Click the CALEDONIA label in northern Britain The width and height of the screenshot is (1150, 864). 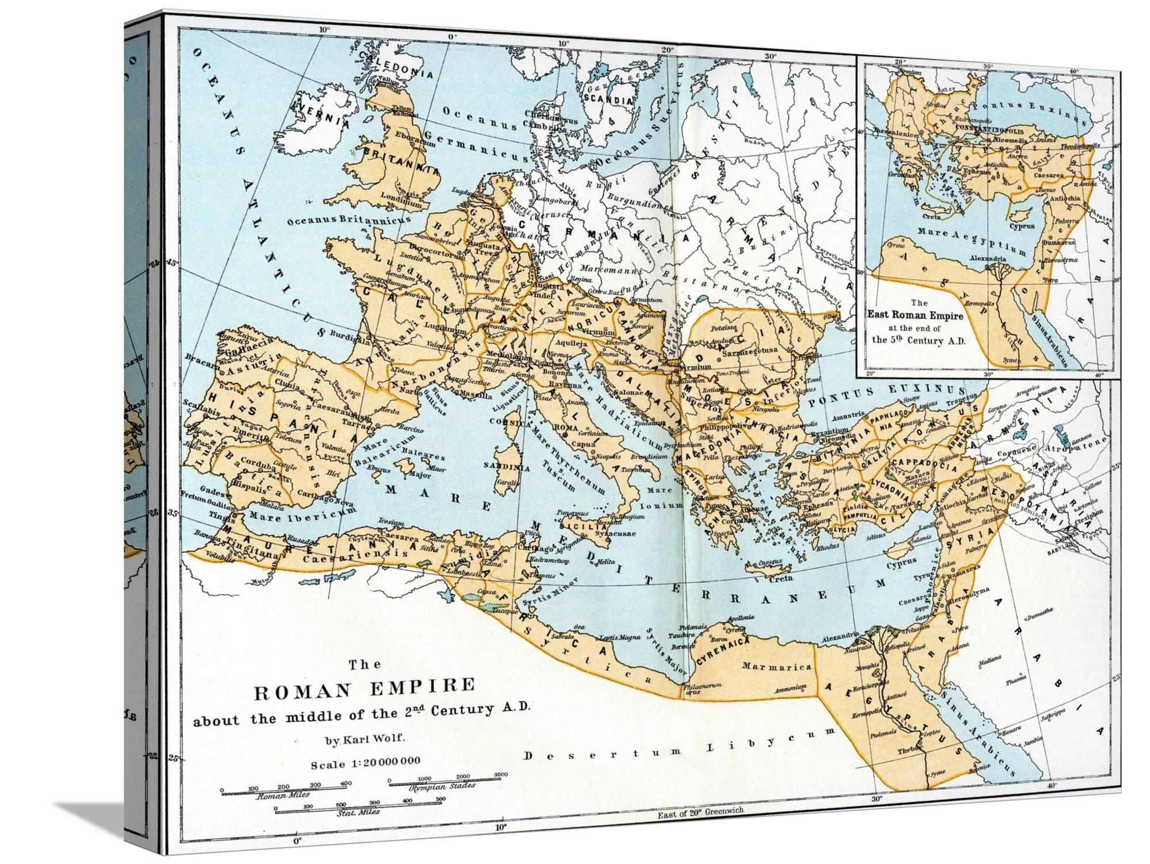click(x=386, y=66)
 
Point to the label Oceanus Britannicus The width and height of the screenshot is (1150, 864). click(x=348, y=220)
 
